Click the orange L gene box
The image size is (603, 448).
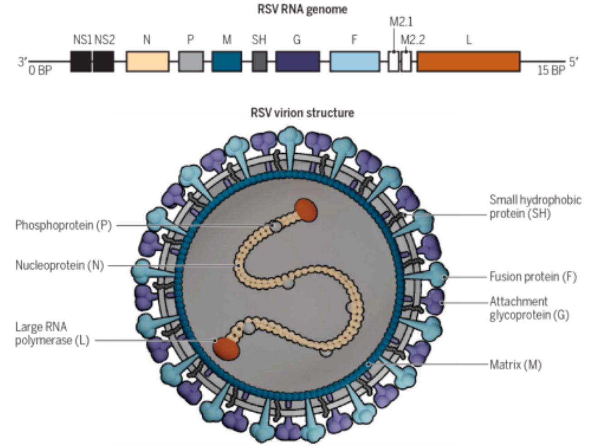(x=468, y=62)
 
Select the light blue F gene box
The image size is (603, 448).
(x=355, y=62)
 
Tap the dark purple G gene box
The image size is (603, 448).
(x=297, y=62)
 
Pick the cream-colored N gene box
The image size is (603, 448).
(x=147, y=62)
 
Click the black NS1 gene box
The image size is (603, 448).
(x=81, y=62)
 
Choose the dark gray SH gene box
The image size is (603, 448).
(x=259, y=62)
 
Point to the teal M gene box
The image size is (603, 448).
(x=227, y=62)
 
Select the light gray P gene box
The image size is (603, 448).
(x=191, y=62)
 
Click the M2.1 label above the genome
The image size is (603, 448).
(x=401, y=22)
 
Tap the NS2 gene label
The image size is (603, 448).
(x=105, y=40)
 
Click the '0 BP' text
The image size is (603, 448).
(x=40, y=71)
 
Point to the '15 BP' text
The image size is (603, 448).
(x=551, y=71)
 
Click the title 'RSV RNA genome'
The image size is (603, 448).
(x=302, y=9)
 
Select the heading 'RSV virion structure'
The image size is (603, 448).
(x=302, y=112)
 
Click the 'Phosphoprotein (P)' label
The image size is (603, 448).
(x=63, y=225)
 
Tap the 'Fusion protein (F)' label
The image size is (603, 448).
(x=533, y=277)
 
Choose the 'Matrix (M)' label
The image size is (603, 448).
(x=515, y=365)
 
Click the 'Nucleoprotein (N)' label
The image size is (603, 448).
(x=59, y=265)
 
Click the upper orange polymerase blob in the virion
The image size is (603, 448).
(x=306, y=210)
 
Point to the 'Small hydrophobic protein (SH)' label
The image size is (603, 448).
(x=535, y=207)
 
